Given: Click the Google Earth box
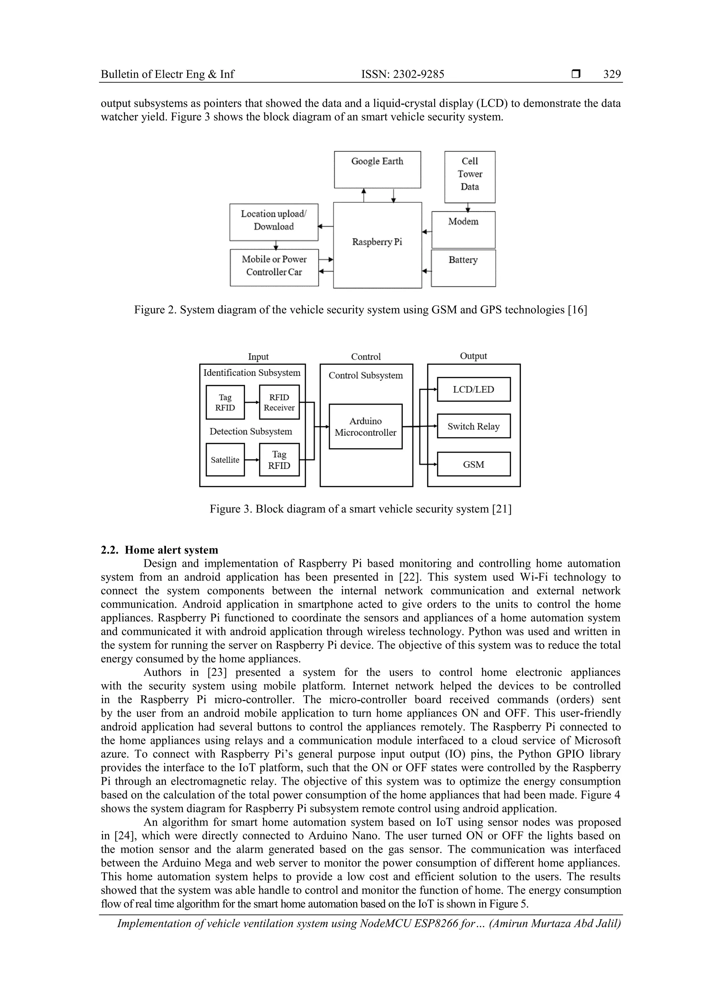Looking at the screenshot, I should tap(377, 169).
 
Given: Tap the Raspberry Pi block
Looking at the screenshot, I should tap(377, 245).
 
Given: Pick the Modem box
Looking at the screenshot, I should tap(463, 229).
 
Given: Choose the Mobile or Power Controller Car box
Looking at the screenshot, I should tap(274, 267).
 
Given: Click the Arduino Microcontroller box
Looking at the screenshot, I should tap(365, 426).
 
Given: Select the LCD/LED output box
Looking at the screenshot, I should tap(473, 389).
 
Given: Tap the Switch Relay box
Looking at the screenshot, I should tap(473, 426).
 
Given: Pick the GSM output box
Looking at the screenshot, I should tap(473, 464).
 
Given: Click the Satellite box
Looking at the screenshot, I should tap(225, 459).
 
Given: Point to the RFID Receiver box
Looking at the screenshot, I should tap(279, 402).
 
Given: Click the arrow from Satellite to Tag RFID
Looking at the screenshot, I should tap(252, 459).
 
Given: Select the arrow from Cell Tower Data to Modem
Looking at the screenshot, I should tap(468, 207).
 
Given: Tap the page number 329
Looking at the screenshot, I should tap(612, 74).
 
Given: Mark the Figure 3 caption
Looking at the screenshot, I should tap(360, 509).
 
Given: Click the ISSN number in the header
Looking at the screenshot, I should tap(403, 74).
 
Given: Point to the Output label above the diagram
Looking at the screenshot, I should tap(473, 356).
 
